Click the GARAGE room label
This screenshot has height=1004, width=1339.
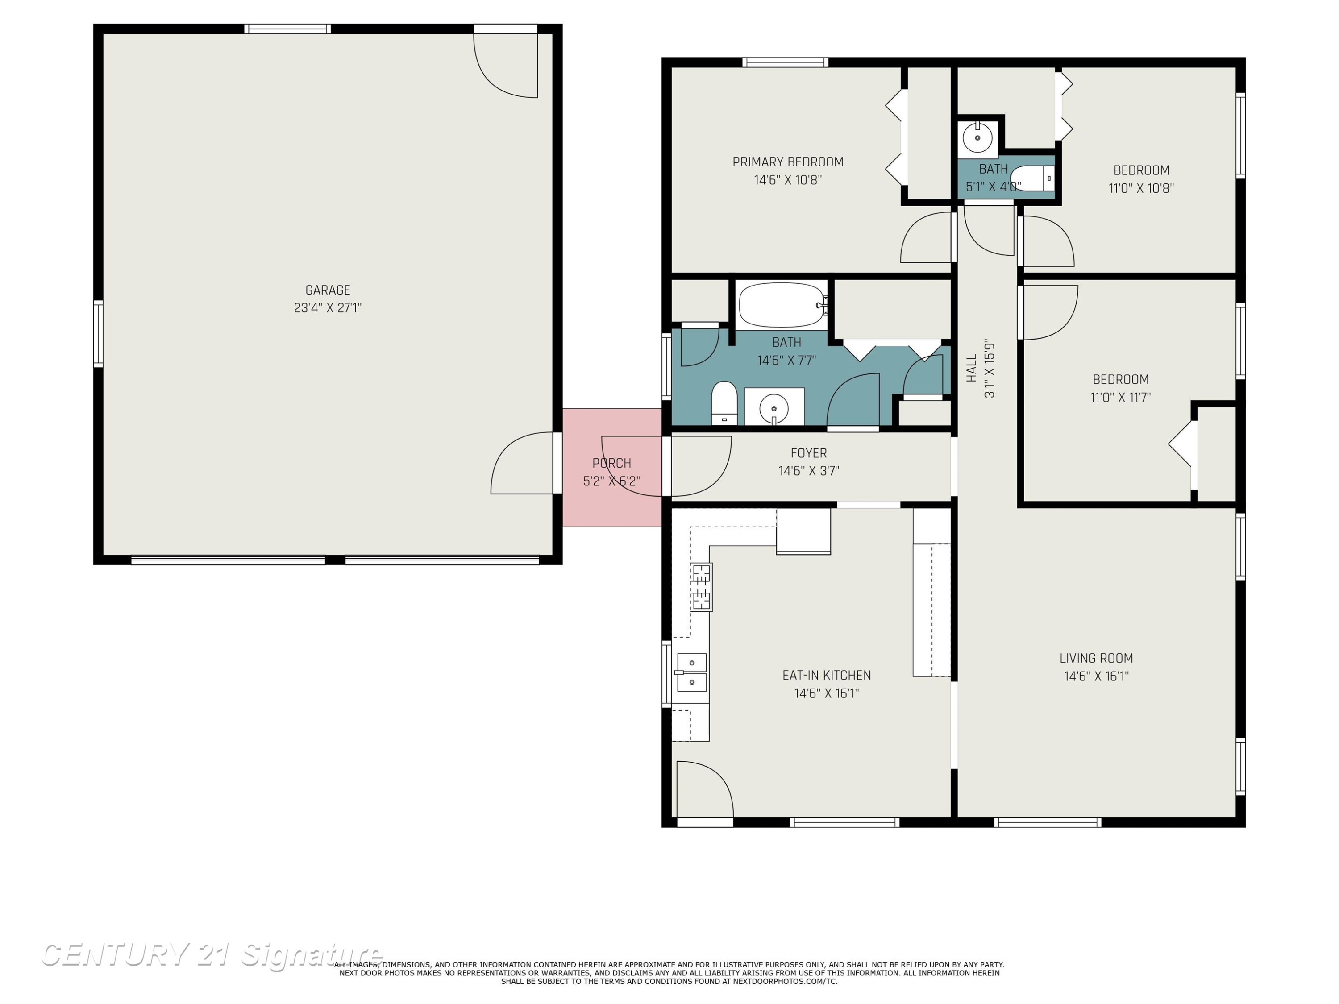328,290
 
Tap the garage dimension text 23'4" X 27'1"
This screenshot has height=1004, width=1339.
328,308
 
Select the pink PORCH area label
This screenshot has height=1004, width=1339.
611,463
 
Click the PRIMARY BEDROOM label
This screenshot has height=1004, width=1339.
787,162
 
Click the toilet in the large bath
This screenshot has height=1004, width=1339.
724,403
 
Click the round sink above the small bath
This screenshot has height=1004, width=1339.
977,138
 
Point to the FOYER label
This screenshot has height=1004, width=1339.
809,452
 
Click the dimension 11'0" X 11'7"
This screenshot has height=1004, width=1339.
1120,398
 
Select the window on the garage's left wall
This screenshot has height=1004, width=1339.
98,333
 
